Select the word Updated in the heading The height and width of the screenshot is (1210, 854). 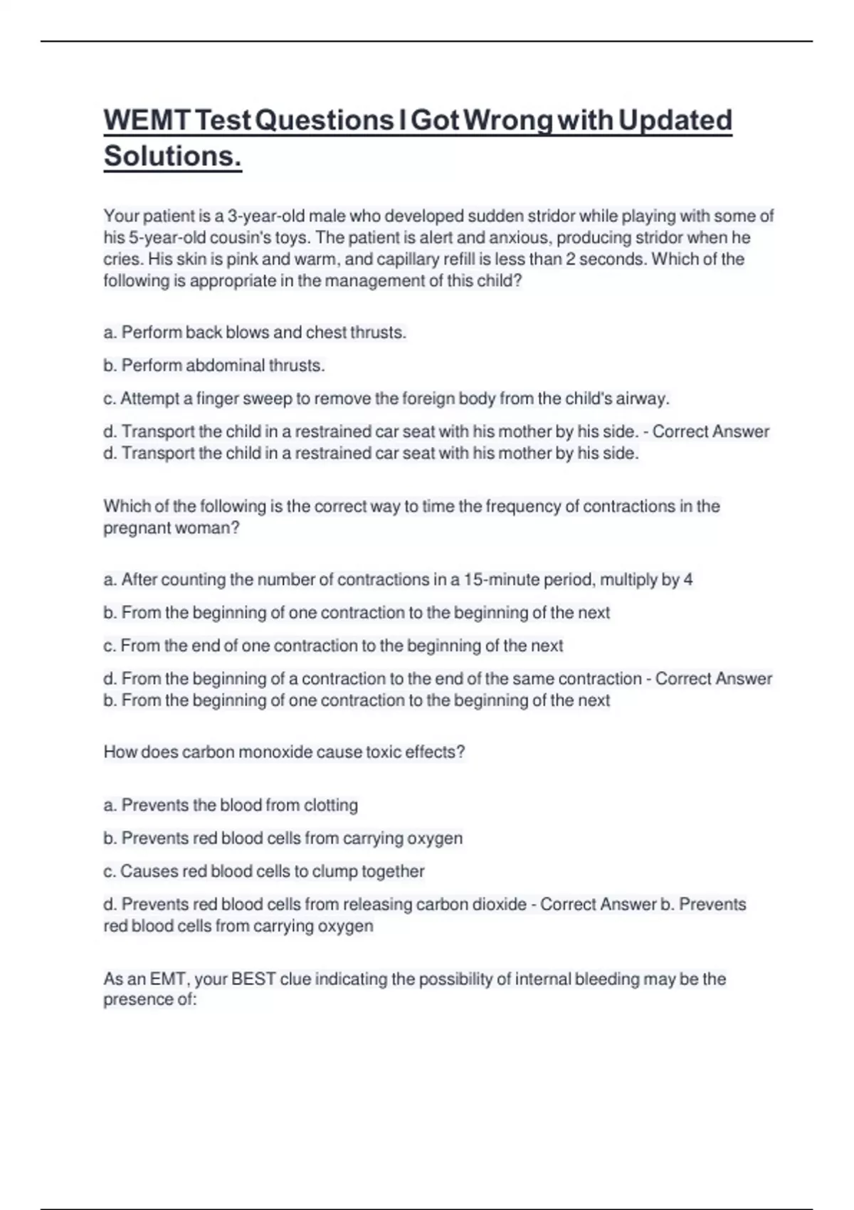pos(675,120)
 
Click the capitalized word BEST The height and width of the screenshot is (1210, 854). pos(253,979)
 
